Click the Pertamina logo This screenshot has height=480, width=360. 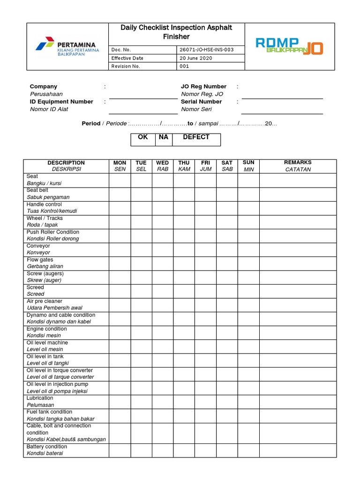coord(67,47)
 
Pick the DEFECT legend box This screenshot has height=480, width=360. coord(196,140)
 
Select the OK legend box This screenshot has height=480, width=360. coord(142,140)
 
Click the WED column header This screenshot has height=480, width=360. coord(163,166)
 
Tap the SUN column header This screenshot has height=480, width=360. coord(248,166)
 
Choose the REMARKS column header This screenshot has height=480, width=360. coord(298,166)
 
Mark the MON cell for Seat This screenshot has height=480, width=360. coord(120,180)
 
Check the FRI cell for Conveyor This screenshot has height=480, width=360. coord(206,249)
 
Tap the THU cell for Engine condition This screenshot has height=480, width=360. coord(184,332)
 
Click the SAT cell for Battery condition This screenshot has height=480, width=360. coord(227,450)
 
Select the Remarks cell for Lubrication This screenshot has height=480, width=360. coord(298,401)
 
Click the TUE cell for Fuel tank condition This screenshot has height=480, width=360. coord(141,415)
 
